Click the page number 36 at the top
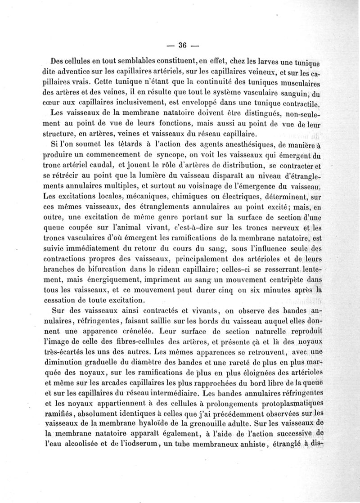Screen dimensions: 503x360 pos(183,45)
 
